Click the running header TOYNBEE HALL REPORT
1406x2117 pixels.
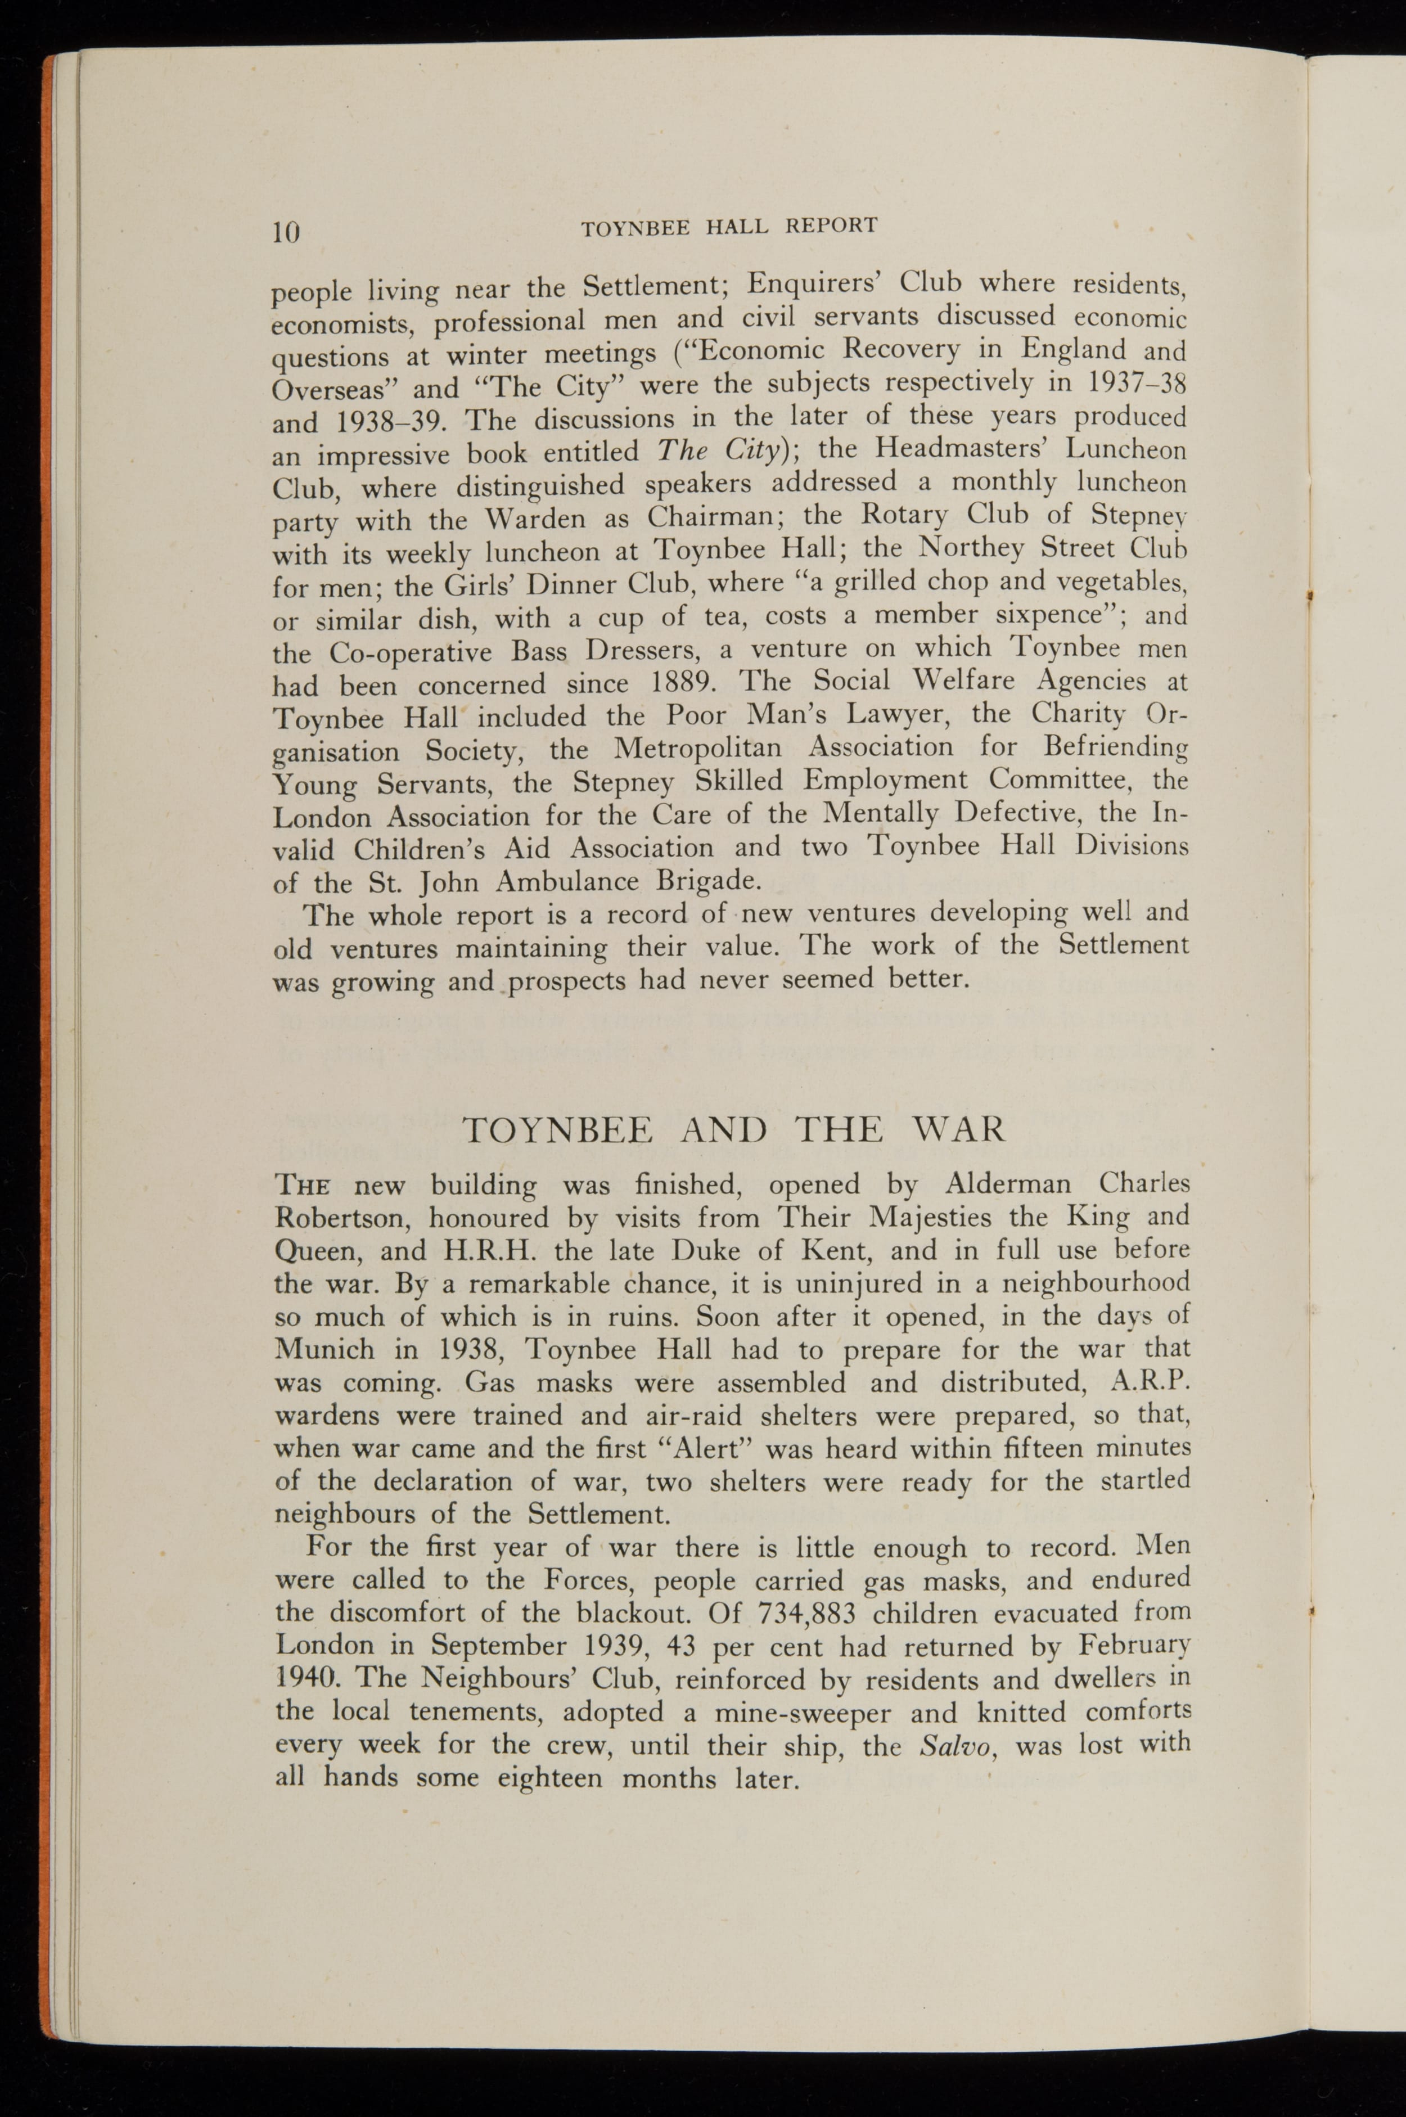click(728, 227)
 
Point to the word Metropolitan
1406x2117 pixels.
click(697, 748)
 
